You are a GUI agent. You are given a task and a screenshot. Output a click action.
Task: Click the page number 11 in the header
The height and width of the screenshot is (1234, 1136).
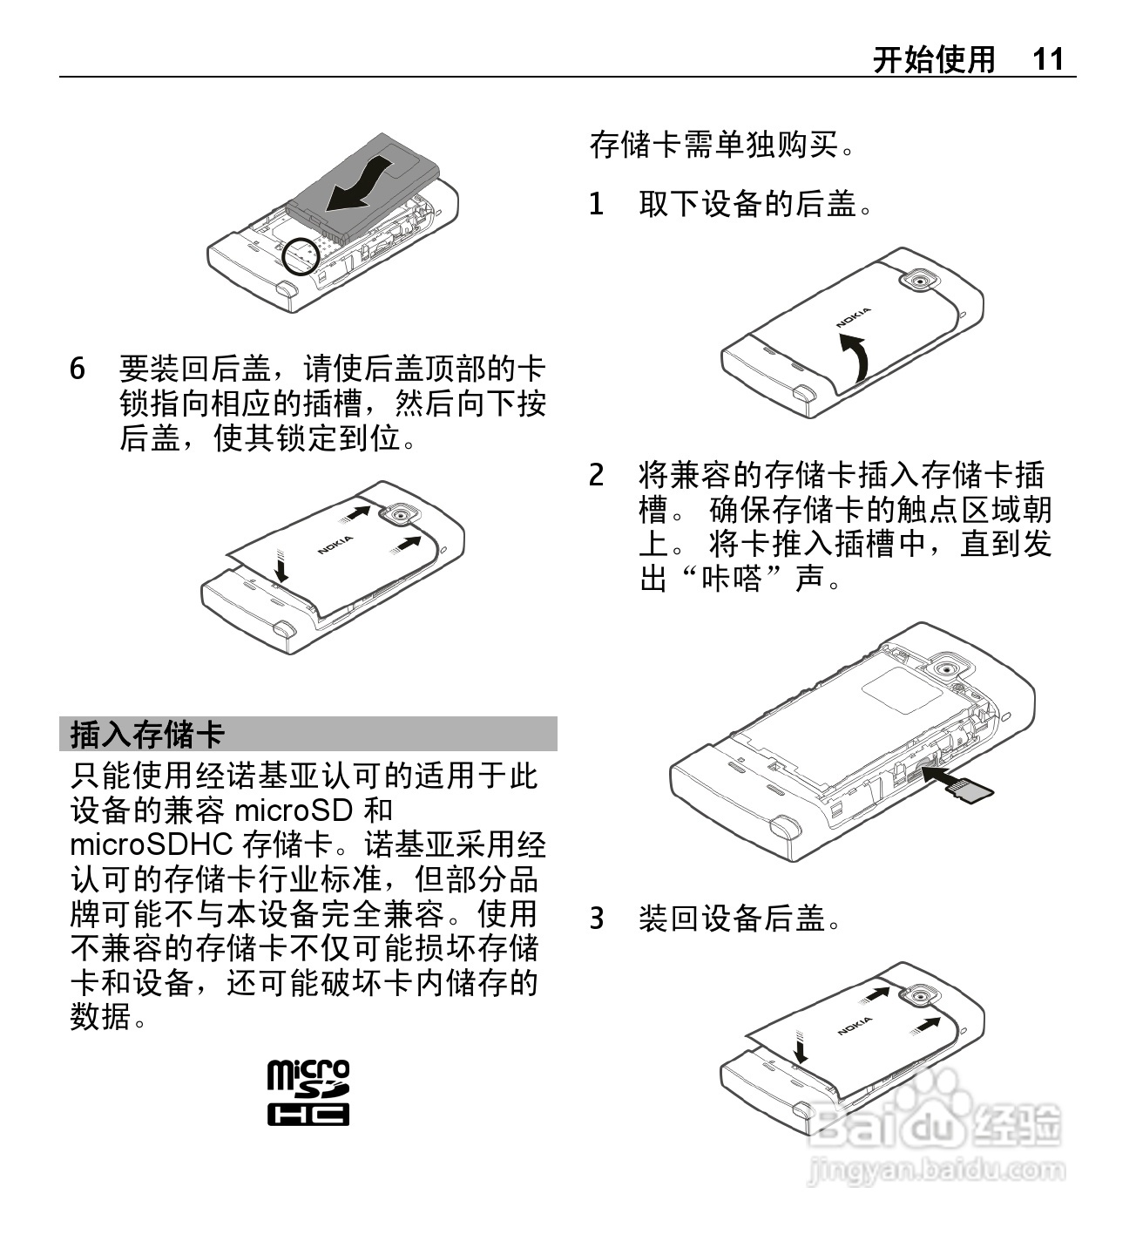coord(1047,59)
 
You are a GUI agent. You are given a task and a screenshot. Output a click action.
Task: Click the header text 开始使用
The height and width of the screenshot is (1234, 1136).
coord(934,59)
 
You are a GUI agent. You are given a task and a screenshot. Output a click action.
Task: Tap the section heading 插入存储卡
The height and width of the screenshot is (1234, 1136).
coord(147,734)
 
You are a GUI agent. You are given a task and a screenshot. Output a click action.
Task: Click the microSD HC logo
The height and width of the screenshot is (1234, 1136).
coord(308,1093)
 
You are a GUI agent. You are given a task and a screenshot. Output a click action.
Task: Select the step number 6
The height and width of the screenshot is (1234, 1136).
coord(78,370)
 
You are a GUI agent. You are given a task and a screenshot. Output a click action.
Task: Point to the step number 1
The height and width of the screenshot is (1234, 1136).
coord(596,204)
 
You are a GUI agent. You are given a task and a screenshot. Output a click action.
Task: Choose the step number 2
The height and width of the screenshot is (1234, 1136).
coord(596,476)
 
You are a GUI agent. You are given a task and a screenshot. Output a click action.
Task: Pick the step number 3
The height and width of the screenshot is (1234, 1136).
coord(596,919)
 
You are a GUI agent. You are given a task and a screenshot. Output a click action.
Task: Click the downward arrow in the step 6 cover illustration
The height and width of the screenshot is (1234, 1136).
coord(281,565)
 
